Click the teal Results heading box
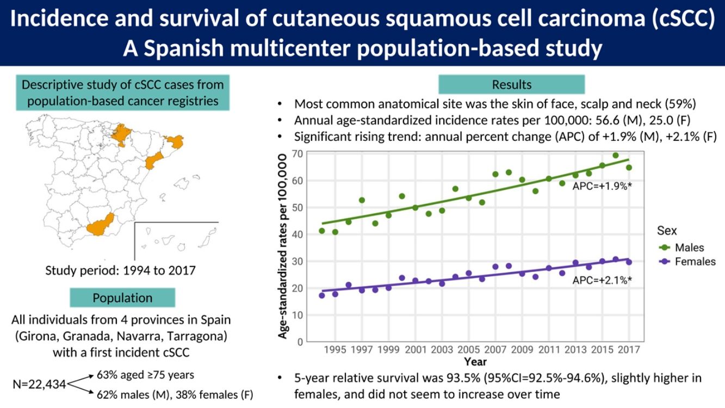tap(511, 84)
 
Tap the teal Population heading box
tap(122, 298)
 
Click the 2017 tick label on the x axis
tap(629, 349)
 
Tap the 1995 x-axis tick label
tap(335, 349)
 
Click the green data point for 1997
tap(362, 200)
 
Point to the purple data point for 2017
tap(629, 262)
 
